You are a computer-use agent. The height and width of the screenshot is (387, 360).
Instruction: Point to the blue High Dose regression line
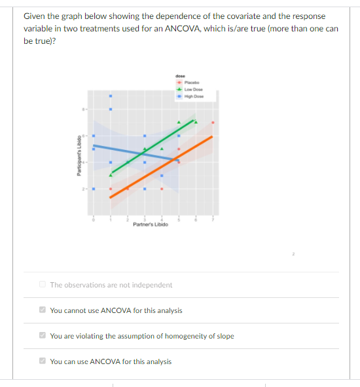click(131, 152)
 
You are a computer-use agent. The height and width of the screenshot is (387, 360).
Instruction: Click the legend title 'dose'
click(181, 76)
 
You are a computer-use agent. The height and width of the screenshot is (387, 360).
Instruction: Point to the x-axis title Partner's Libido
click(150, 225)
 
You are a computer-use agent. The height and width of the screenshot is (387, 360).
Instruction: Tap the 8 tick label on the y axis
click(84, 109)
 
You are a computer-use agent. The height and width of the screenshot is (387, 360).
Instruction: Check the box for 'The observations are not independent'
click(43, 285)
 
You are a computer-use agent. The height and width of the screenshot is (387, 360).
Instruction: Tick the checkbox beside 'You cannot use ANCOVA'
click(43, 310)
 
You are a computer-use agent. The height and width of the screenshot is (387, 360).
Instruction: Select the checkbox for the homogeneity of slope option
click(43, 336)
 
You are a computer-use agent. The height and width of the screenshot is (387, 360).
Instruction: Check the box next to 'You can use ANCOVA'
click(43, 361)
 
